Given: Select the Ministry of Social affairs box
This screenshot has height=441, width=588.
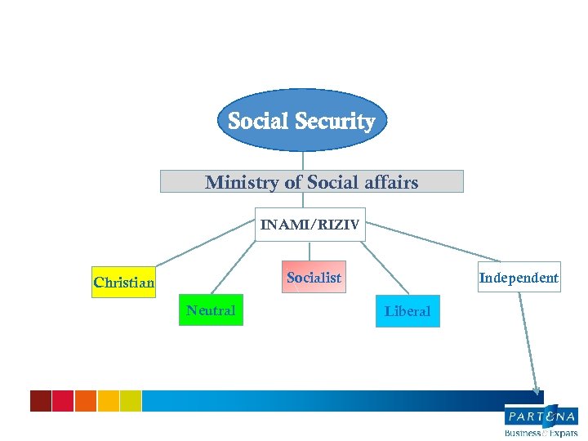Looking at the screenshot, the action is coord(311,181).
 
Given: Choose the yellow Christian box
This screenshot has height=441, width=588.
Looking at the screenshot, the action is coord(123,283).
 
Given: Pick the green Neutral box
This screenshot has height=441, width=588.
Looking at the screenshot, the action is coord(211,310).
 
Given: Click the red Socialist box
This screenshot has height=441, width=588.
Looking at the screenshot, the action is coord(314,278).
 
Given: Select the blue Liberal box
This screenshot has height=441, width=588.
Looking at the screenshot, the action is coord(408,311).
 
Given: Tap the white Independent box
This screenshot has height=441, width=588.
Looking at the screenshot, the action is coord(519,278).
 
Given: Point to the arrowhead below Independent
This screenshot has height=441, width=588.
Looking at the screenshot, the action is coord(536,390).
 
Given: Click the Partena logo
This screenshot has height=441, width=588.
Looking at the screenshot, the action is coord(541,420).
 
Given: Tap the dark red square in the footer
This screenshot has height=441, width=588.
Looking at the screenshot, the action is coord(41,400).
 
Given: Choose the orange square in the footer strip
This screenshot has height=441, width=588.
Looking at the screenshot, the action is coord(86,400).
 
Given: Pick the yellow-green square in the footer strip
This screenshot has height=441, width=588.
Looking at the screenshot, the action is coord(131,400).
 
